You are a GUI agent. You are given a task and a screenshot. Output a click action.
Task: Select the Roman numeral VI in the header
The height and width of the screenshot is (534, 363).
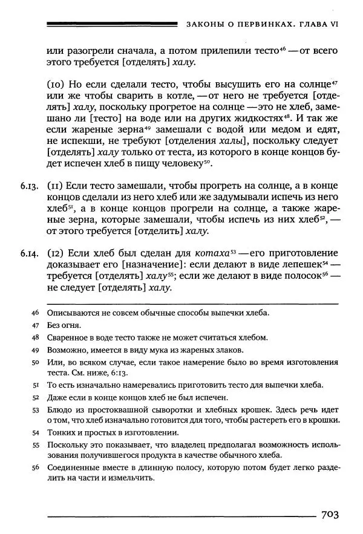[332, 25]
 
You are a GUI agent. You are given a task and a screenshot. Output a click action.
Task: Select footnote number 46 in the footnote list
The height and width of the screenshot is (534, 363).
[34, 313]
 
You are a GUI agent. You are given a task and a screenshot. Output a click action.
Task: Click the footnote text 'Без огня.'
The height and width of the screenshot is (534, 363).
[64, 325]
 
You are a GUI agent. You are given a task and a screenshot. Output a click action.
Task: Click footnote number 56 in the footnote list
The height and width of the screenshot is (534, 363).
[34, 467]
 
